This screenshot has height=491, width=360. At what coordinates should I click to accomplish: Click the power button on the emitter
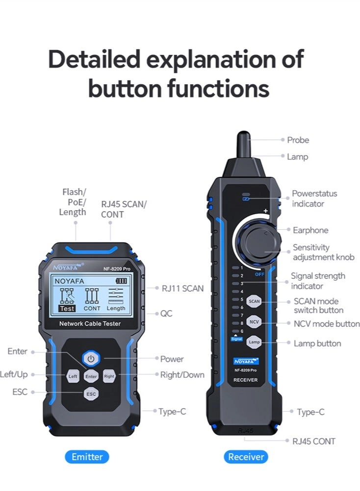click(91, 359)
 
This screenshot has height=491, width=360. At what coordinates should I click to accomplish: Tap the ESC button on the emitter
click(91, 393)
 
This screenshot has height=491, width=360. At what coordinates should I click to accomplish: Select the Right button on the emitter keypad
click(109, 376)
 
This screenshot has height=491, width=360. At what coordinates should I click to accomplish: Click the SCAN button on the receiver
click(254, 301)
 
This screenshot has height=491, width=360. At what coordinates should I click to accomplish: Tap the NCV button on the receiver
click(254, 322)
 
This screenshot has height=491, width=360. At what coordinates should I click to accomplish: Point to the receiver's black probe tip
click(244, 143)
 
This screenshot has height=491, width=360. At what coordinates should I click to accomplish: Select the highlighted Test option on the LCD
click(67, 309)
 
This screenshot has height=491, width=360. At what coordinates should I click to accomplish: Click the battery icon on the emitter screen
click(121, 281)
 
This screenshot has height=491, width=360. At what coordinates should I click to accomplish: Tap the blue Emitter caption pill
click(87, 457)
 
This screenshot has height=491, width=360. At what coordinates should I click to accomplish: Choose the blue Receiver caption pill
click(246, 457)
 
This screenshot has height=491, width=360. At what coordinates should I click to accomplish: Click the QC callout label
click(166, 313)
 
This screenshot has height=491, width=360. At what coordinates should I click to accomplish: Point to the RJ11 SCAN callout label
click(182, 288)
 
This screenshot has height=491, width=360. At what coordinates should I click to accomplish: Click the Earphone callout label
click(310, 230)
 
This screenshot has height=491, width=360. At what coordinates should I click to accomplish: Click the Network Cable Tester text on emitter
click(90, 323)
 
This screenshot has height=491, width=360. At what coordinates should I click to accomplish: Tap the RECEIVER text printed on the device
click(246, 380)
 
